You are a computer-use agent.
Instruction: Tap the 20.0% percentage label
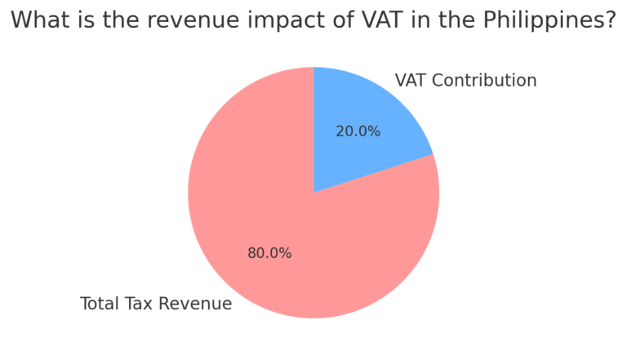[358, 131]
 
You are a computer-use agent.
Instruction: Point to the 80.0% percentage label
[269, 253]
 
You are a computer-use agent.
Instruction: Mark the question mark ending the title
[608, 20]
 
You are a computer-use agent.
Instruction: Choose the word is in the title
[80, 20]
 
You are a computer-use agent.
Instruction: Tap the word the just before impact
[114, 20]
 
